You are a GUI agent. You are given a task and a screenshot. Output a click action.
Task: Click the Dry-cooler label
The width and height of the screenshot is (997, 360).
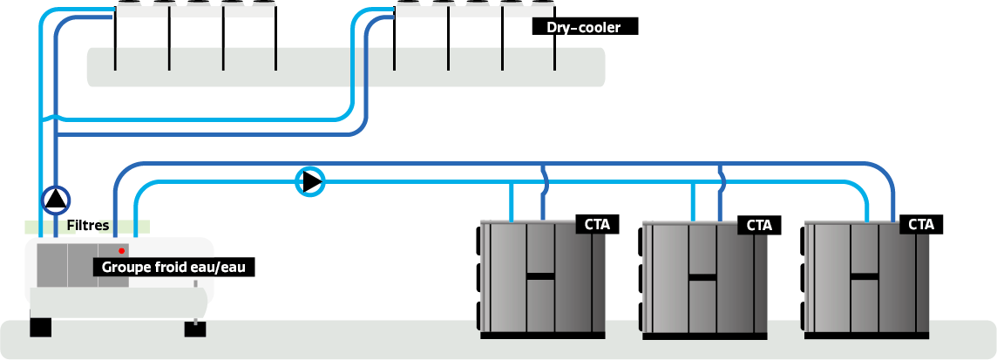tap(584, 27)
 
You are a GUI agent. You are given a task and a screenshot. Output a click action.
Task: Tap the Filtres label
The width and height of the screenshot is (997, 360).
tap(88, 226)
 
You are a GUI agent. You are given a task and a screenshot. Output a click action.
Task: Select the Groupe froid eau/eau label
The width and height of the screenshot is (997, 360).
tap(174, 267)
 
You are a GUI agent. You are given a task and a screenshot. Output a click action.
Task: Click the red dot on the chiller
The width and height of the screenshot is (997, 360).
tap(122, 251)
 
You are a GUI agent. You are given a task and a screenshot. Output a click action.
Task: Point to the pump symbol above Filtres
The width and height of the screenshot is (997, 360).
tap(56, 200)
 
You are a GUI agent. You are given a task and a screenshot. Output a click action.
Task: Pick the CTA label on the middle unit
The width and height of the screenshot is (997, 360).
tap(759, 225)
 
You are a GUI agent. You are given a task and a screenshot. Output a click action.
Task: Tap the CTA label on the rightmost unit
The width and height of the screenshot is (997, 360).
tap(921, 224)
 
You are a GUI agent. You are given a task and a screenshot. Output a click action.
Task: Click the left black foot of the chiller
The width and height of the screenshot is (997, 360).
tap(40, 328)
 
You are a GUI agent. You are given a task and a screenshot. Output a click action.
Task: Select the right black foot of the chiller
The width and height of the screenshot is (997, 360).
tap(195, 329)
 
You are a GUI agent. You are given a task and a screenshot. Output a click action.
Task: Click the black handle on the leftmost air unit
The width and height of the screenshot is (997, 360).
tap(540, 276)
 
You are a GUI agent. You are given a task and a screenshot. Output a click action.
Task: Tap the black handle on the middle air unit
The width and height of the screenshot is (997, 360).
tap(702, 278)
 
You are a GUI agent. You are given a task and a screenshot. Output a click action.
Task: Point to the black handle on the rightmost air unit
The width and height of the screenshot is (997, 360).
tap(865, 276)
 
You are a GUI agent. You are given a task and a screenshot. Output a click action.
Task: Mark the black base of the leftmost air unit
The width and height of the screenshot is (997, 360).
tap(542, 334)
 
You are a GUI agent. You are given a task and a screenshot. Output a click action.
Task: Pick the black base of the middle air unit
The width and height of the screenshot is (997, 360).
tap(704, 335)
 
